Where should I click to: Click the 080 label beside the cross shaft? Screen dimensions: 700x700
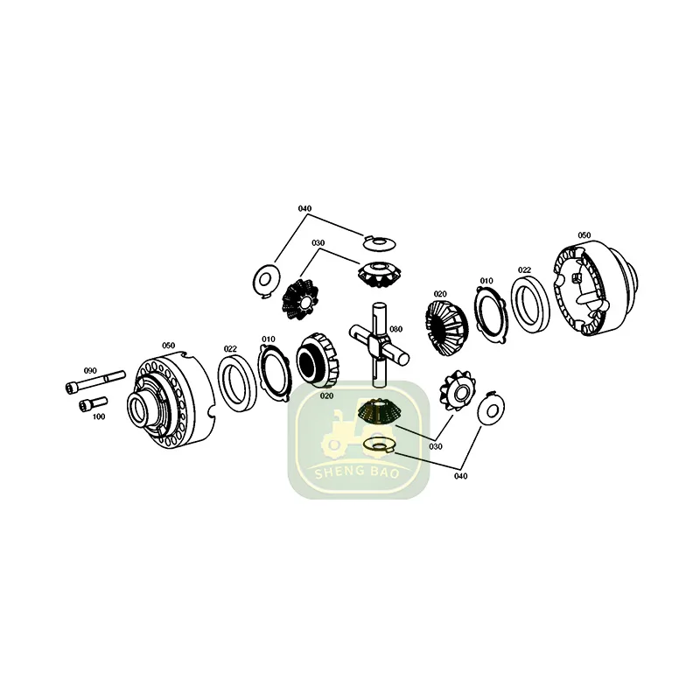point(395,329)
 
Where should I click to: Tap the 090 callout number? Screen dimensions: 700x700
point(90,370)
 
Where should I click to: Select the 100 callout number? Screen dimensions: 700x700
point(98,416)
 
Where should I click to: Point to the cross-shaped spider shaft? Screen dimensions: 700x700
point(377,342)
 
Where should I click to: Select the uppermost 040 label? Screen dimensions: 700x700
point(304,208)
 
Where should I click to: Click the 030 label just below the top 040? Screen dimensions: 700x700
point(318,242)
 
